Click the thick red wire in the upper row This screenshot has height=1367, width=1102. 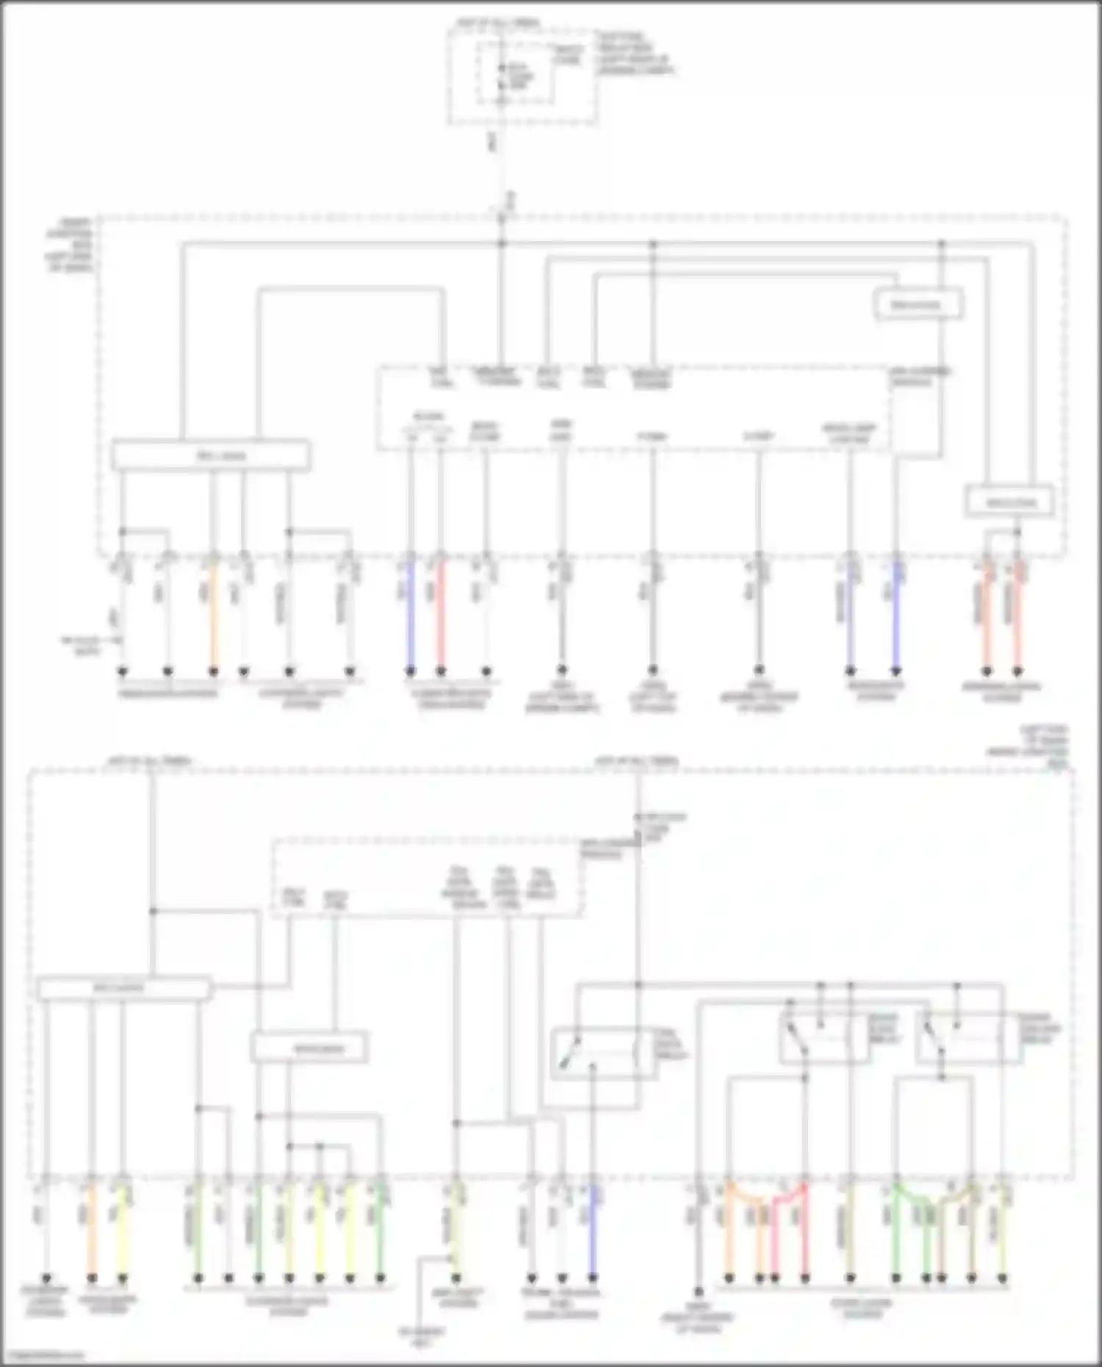441,617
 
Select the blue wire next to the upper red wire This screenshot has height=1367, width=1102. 411,617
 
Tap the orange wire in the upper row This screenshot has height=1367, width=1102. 213,617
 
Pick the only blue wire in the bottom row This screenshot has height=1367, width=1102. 592,1234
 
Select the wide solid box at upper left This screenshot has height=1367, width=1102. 211,455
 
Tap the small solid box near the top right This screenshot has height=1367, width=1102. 918,304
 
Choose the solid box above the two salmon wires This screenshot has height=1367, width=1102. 1009,502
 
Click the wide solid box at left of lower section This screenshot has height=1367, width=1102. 123,988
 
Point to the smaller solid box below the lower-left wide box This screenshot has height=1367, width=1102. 309,1048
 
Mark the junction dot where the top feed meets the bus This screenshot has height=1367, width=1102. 503,242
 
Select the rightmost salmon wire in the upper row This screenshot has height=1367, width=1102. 1018,617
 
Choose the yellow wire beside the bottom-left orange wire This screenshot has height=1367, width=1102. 123,1234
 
